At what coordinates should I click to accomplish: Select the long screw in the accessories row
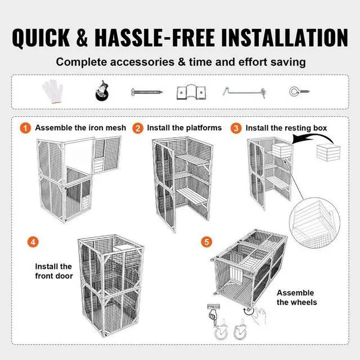pyautogui.click(x=146, y=91)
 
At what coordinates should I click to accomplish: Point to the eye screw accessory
pyautogui.click(x=297, y=91)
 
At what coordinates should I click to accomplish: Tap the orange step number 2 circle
pyautogui.click(x=138, y=128)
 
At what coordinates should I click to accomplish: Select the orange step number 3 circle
pyautogui.click(x=236, y=128)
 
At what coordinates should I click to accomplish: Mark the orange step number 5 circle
pyautogui.click(x=207, y=242)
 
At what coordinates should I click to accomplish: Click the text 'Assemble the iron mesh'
pyautogui.click(x=80, y=128)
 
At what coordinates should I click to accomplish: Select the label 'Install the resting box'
pyautogui.click(x=286, y=128)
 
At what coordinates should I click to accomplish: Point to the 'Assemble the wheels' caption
pyautogui.click(x=296, y=298)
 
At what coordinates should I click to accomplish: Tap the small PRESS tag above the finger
pyautogui.click(x=214, y=307)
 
